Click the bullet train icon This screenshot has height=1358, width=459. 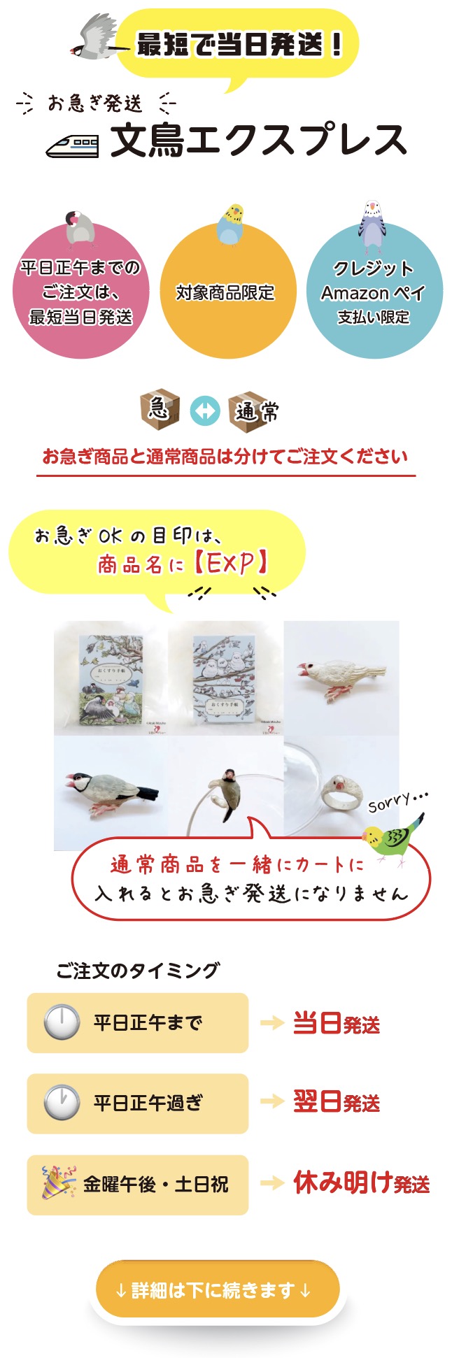click(72, 145)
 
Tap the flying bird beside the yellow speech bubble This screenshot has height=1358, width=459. click(95, 38)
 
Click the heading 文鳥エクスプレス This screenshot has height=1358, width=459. click(258, 140)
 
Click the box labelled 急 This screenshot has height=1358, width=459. click(160, 410)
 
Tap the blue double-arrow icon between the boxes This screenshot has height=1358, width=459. click(205, 411)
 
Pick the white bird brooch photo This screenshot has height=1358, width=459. click(341, 678)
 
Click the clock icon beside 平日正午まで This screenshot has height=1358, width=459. click(62, 1022)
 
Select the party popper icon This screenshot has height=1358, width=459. click(58, 1184)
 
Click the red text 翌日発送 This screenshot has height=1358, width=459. click(337, 1103)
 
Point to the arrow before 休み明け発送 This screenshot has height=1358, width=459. click(271, 1183)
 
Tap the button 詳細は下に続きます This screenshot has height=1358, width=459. click(218, 1290)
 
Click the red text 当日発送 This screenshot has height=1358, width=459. click(337, 1024)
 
